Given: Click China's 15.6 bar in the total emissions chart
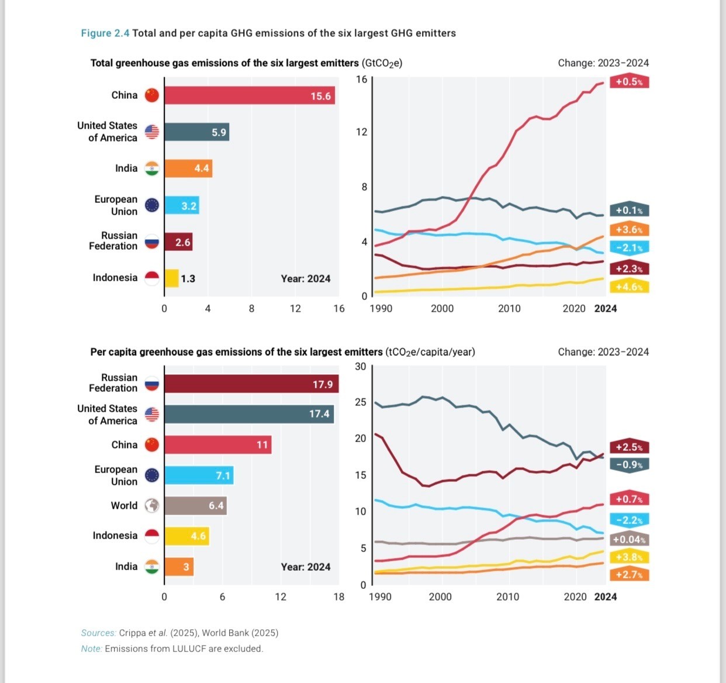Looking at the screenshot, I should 250,95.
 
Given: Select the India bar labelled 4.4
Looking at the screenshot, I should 188,168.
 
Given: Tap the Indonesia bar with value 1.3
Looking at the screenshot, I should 171,278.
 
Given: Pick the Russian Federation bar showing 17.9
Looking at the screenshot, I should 251,384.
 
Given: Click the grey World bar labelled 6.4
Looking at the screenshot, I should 195,506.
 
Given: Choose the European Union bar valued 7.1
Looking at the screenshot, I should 198,475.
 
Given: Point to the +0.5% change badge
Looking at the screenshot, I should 629,81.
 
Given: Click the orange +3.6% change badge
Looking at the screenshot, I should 629,230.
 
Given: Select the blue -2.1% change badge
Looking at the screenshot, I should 629,248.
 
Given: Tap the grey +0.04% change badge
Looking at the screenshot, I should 629,539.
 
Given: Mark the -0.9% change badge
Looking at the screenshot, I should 629,465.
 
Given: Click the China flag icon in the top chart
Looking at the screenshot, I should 152,95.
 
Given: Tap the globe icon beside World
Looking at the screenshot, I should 152,506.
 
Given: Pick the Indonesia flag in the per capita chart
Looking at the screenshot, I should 152,536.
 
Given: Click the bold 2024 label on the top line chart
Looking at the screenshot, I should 606,309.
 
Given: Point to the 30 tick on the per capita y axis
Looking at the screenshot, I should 361,367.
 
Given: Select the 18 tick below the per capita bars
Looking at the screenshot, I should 339,597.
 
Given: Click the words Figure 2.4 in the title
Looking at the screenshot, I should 105,33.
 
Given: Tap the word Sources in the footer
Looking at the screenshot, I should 98,633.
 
